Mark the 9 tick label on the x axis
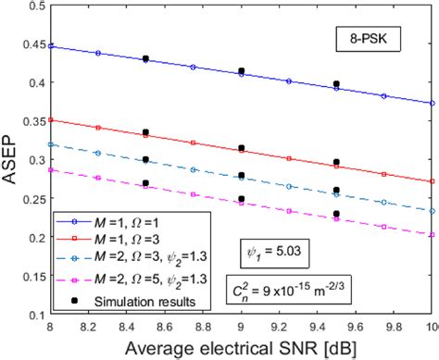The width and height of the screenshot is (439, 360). click(242, 328)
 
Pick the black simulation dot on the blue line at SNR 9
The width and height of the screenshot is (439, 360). click(242, 70)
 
